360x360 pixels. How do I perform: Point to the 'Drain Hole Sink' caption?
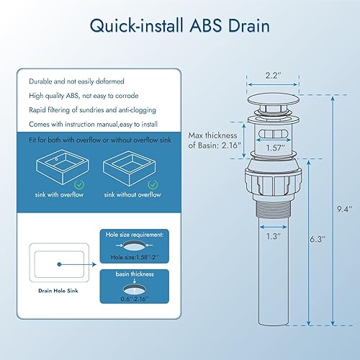point(60,291)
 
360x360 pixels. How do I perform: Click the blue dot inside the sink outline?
point(60,263)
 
